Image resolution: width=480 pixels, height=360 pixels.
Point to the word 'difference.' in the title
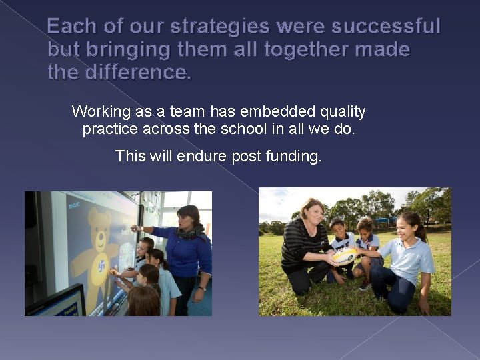pos(137,72)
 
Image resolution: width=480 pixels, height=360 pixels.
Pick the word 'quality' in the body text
pos(341,111)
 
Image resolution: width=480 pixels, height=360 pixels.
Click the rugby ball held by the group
pos(345,256)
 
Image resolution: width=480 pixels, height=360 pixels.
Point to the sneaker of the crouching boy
pos(365,285)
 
